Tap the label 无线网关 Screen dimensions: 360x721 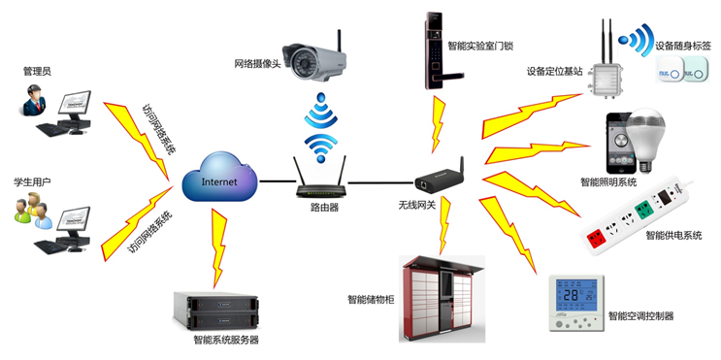click(x=417, y=206)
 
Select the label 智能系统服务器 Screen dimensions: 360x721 click(x=226, y=341)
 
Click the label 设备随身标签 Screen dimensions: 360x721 click(x=684, y=45)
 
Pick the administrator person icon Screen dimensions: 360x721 click(x=36, y=100)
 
